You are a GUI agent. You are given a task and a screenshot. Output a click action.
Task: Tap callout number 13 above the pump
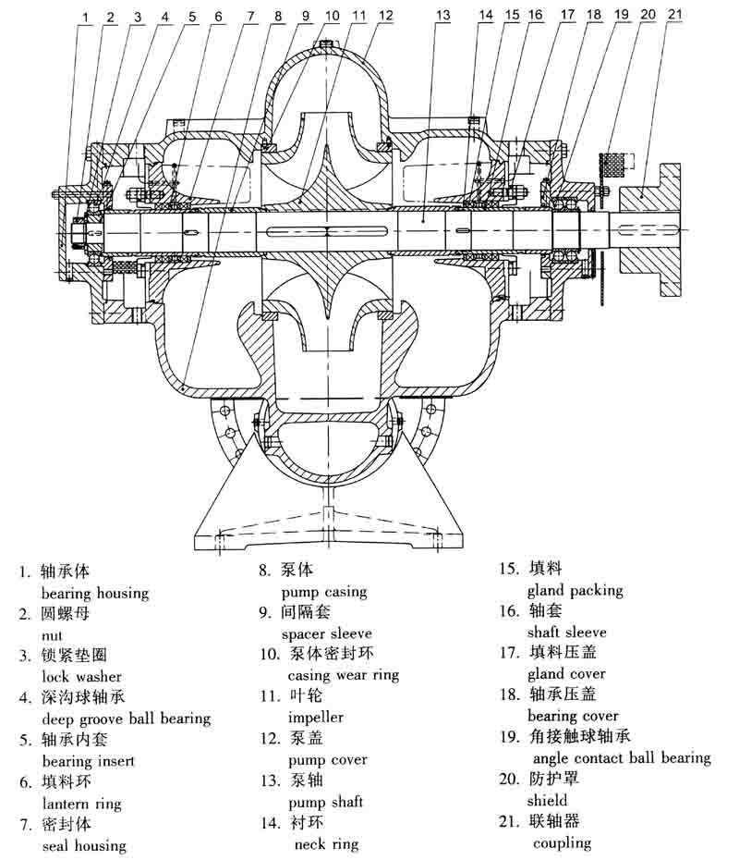point(443,15)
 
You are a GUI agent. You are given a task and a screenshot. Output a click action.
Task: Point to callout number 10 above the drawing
point(332,16)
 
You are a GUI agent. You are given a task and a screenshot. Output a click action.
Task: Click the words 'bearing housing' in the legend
point(95,593)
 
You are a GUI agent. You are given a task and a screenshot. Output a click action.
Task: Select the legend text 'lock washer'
point(81,677)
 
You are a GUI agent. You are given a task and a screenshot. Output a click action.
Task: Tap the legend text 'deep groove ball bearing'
point(127,719)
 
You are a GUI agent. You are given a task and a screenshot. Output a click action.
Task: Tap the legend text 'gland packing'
point(575,590)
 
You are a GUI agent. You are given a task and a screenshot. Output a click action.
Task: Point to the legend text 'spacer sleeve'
point(327,633)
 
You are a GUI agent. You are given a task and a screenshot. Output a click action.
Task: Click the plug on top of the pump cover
point(326,43)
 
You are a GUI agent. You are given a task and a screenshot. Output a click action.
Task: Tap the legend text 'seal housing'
point(84,845)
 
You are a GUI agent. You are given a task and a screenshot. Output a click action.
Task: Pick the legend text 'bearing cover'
point(573,716)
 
